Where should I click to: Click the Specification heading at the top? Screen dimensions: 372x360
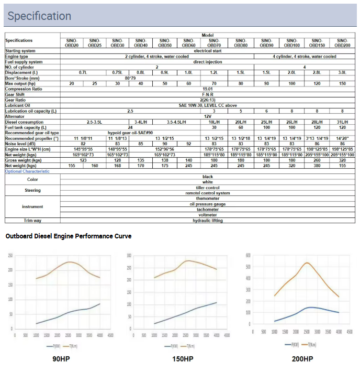click(39, 16)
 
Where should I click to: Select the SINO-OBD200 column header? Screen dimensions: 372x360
click(342, 43)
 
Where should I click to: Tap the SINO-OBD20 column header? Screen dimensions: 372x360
click(72, 43)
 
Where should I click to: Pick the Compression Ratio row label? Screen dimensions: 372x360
click(24, 89)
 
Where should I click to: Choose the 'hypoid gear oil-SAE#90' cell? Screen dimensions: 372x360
click(130, 133)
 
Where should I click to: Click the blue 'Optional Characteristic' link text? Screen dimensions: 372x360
click(27, 171)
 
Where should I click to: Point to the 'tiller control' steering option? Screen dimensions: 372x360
click(208, 188)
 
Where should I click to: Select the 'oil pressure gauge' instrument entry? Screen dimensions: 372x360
click(208, 204)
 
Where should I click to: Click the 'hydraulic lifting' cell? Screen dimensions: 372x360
click(208, 221)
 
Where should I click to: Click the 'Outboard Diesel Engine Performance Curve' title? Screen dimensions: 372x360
click(69, 236)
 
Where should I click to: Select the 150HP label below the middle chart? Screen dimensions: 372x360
click(182, 359)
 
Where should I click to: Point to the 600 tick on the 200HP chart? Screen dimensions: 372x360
click(248, 256)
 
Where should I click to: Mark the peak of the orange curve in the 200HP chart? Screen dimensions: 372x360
click(307, 262)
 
